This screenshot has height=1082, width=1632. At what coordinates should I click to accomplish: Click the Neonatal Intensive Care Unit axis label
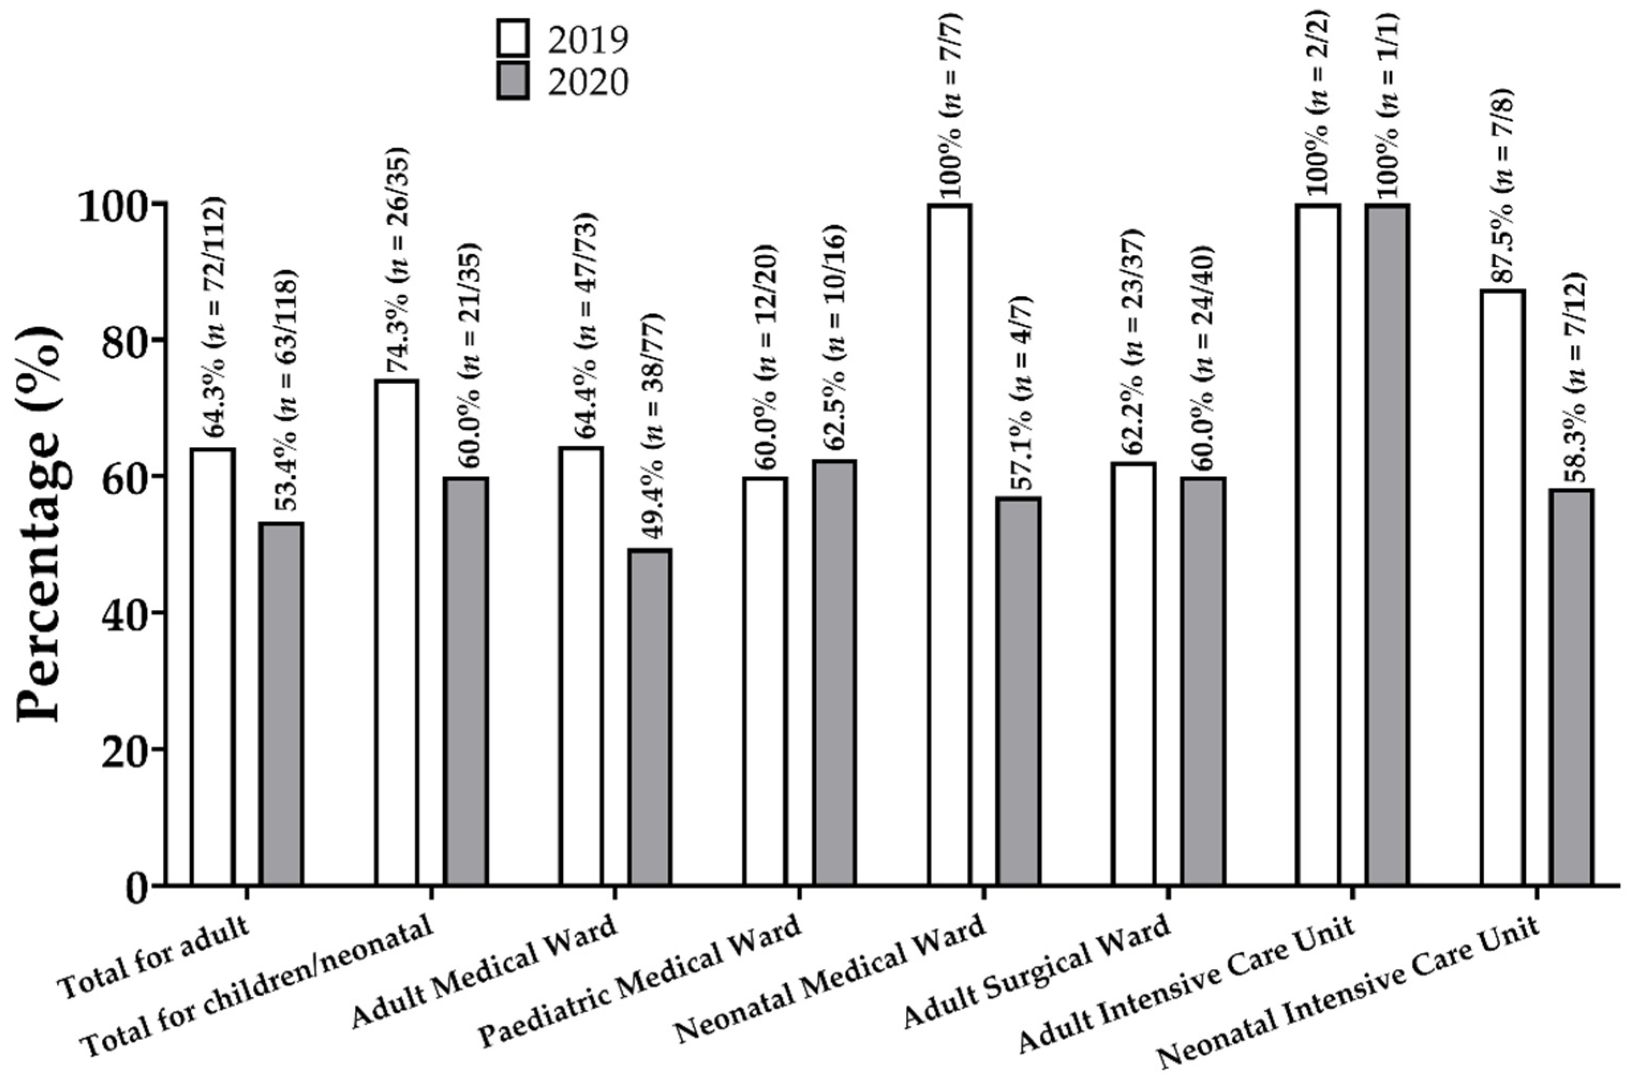(x=1349, y=1001)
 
